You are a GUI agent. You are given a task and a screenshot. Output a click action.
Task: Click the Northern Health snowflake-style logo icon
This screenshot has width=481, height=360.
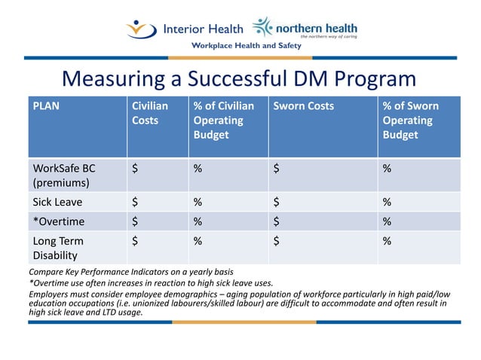coord(262,27)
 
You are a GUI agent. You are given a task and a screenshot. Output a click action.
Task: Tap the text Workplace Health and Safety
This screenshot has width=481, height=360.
coord(246,46)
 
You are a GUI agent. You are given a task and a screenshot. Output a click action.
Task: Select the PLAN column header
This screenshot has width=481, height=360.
coord(45,106)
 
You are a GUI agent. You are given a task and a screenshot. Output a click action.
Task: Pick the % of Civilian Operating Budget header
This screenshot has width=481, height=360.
coord(224,121)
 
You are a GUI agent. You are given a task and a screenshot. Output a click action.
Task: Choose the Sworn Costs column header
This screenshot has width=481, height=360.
coord(303,106)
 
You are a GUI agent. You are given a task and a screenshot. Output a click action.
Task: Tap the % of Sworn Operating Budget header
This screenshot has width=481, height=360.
coord(410,121)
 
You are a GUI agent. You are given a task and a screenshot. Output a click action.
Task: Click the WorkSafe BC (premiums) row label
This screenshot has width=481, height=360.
coord(64,175)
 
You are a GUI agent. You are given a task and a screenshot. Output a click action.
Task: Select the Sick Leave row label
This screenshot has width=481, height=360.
coord(57,202)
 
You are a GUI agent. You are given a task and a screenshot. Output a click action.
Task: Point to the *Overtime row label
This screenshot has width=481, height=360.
coord(58,221)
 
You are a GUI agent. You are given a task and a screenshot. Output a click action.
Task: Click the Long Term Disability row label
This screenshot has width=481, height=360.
coord(58,248)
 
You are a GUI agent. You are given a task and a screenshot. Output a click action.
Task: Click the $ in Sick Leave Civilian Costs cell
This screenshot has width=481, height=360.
coord(135,202)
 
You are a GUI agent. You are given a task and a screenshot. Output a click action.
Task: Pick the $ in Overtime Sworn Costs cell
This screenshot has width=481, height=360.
coord(277,221)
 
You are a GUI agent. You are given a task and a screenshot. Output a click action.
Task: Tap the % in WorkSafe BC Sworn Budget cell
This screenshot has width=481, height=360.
coord(387,168)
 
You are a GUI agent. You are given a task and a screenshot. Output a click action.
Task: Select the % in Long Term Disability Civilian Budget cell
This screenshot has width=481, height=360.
coord(198,241)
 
